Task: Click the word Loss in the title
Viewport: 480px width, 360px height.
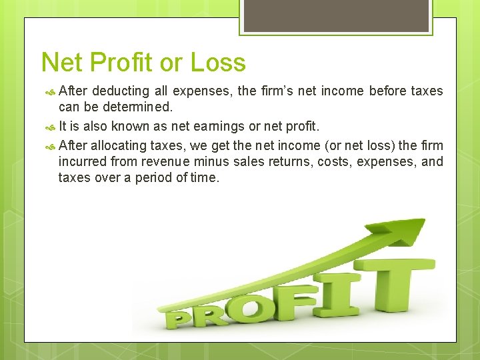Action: point(218,63)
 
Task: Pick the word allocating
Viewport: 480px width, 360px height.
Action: point(121,145)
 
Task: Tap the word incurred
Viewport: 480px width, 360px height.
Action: point(81,161)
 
